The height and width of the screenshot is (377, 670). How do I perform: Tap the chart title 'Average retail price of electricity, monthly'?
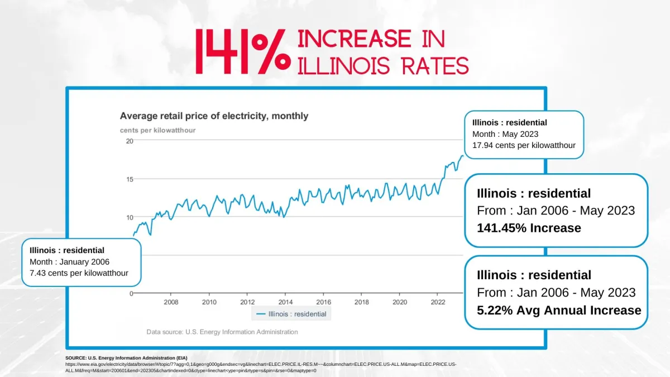pos(214,116)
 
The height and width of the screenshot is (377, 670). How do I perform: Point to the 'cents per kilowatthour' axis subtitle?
pos(157,130)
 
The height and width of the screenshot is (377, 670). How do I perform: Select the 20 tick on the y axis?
pos(129,141)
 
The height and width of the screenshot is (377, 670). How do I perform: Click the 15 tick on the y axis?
pos(129,179)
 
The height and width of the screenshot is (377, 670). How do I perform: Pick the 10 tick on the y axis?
pos(129,217)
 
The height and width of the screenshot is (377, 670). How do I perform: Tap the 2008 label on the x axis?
pos(171,302)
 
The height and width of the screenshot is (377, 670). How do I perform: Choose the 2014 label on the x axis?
pos(285,302)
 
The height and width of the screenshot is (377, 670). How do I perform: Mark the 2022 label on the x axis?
pos(438,302)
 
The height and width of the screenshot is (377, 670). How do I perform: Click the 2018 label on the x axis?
pos(361,302)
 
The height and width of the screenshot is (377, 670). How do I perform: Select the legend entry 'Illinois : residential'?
pos(291,314)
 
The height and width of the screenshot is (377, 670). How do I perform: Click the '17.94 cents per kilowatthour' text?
pos(524,146)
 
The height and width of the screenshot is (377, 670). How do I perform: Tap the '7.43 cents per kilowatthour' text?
pos(79,273)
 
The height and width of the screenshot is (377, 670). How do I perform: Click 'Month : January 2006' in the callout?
pos(69,261)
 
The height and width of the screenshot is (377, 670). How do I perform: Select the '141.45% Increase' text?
pos(529,228)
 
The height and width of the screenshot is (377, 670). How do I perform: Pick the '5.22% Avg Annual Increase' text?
pos(559,310)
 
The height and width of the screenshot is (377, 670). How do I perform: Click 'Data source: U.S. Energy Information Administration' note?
pos(222,332)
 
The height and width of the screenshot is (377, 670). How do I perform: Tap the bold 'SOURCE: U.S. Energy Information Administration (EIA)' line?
pos(127,357)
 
